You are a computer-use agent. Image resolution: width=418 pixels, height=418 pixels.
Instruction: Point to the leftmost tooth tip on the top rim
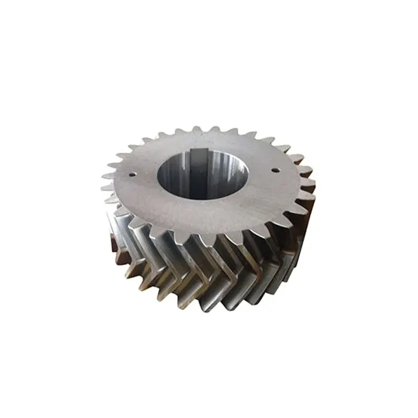coord(103,188)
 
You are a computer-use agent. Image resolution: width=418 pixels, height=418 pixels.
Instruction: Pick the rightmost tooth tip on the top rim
coord(313,181)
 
